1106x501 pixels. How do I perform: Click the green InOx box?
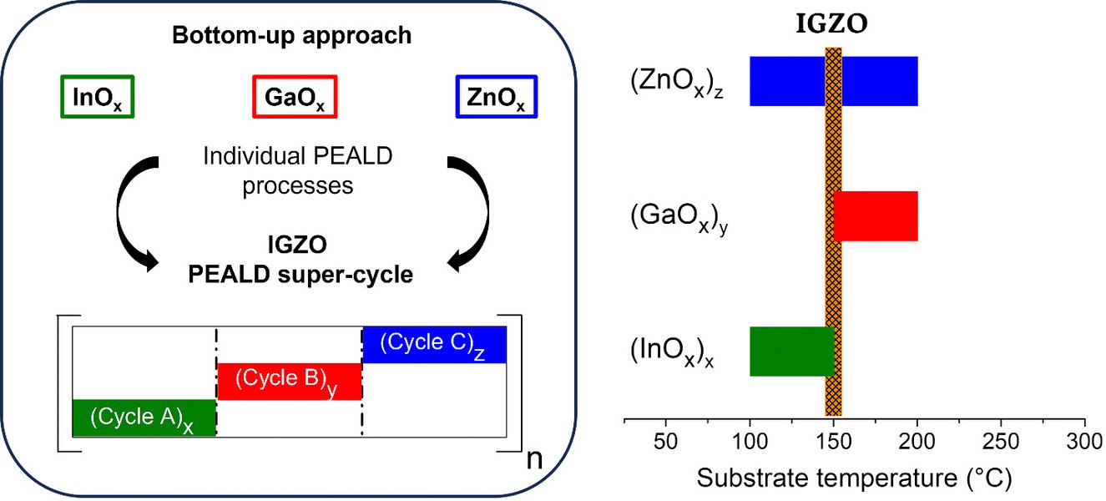pyautogui.click(x=98, y=98)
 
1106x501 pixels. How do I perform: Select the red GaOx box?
pyautogui.click(x=294, y=98)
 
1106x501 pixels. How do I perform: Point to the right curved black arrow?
pyautogui.click(x=470, y=209)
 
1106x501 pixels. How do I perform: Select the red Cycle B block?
pyautogui.click(x=289, y=381)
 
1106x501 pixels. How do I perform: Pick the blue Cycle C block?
pyautogui.click(x=434, y=344)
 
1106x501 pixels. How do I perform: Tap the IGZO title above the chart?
pyautogui.click(x=832, y=24)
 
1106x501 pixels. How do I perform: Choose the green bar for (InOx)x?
pyautogui.click(x=786, y=351)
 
